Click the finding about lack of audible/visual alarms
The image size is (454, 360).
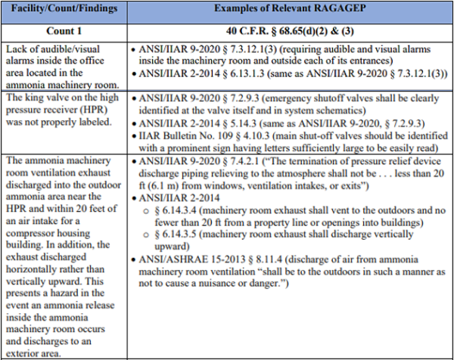[x=61, y=60]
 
